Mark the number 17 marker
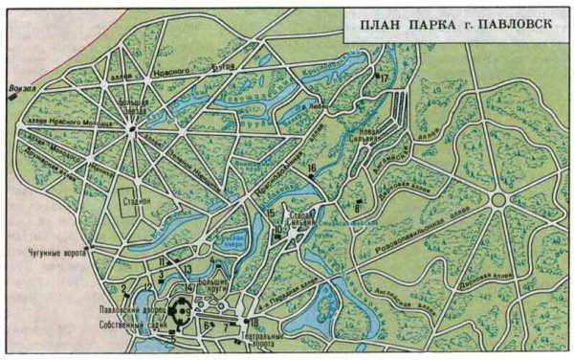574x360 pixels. point(385,79)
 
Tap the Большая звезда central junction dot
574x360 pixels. point(132,131)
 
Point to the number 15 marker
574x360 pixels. point(272,213)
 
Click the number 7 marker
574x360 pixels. point(227,326)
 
